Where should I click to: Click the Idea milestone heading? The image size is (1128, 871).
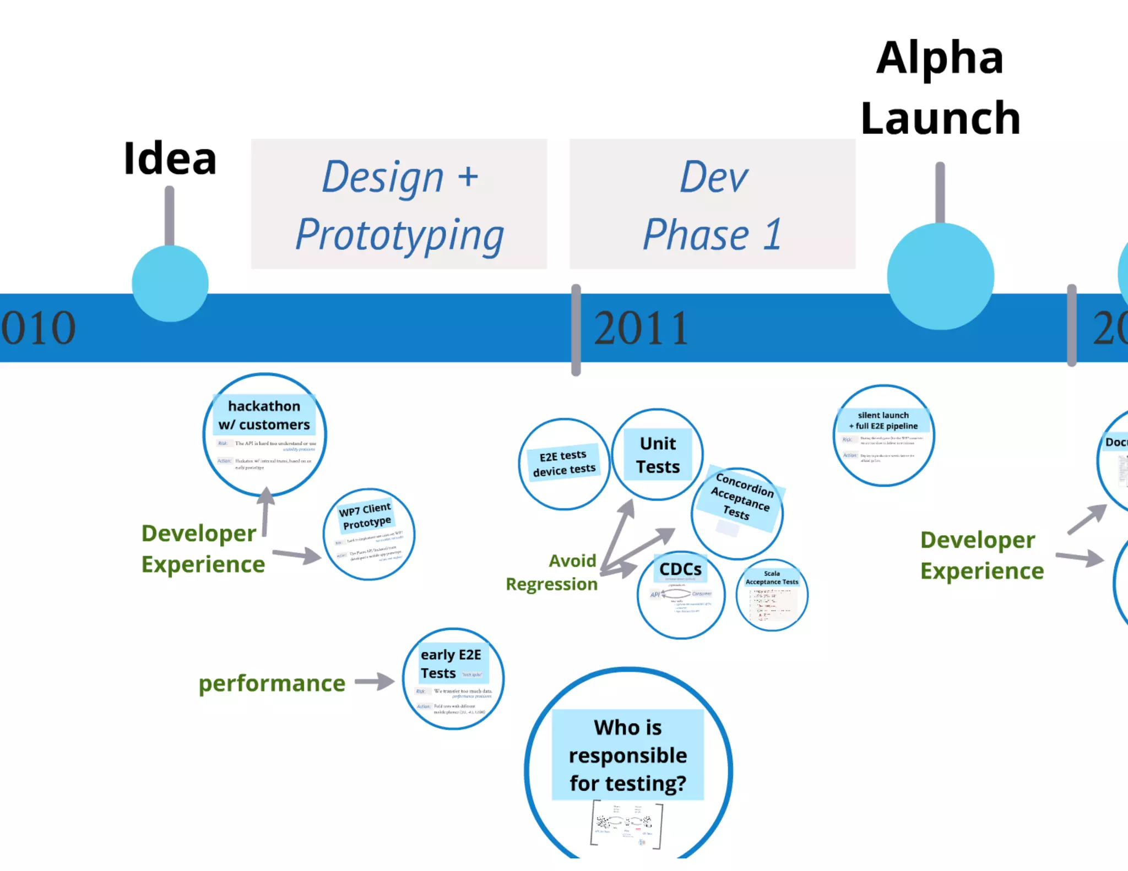170,159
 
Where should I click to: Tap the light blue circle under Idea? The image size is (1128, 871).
170,284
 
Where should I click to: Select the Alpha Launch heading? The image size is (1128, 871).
940,88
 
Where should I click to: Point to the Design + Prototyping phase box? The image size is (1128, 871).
399,204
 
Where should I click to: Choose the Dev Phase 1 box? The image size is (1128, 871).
712,204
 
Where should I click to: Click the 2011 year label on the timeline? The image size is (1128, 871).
641,328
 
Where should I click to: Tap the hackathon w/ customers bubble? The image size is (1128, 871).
264,434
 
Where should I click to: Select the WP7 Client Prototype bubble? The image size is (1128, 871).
368,534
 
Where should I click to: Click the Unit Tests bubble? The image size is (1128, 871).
658,455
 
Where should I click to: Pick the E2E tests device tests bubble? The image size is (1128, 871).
564,464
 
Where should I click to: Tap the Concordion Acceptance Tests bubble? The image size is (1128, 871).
737,513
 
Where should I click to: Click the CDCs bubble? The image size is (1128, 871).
681,595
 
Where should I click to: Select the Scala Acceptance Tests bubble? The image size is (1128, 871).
772,595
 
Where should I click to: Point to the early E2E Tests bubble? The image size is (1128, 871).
453,678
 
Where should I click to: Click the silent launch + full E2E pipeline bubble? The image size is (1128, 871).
883,435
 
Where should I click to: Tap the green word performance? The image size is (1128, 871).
272,684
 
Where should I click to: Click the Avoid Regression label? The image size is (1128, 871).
552,573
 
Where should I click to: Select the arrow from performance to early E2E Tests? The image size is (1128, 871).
375,682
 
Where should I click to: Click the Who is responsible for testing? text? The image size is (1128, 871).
628,755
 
